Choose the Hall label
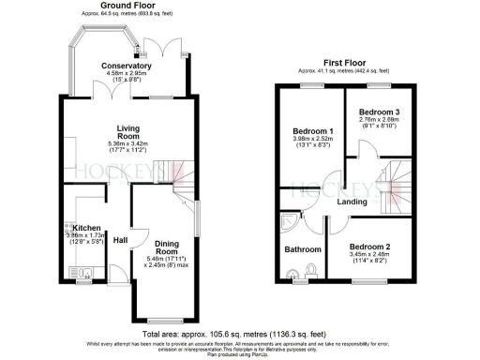[x=120, y=241]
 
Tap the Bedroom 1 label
[x=313, y=130]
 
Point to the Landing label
[x=353, y=201]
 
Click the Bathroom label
[x=303, y=249]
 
